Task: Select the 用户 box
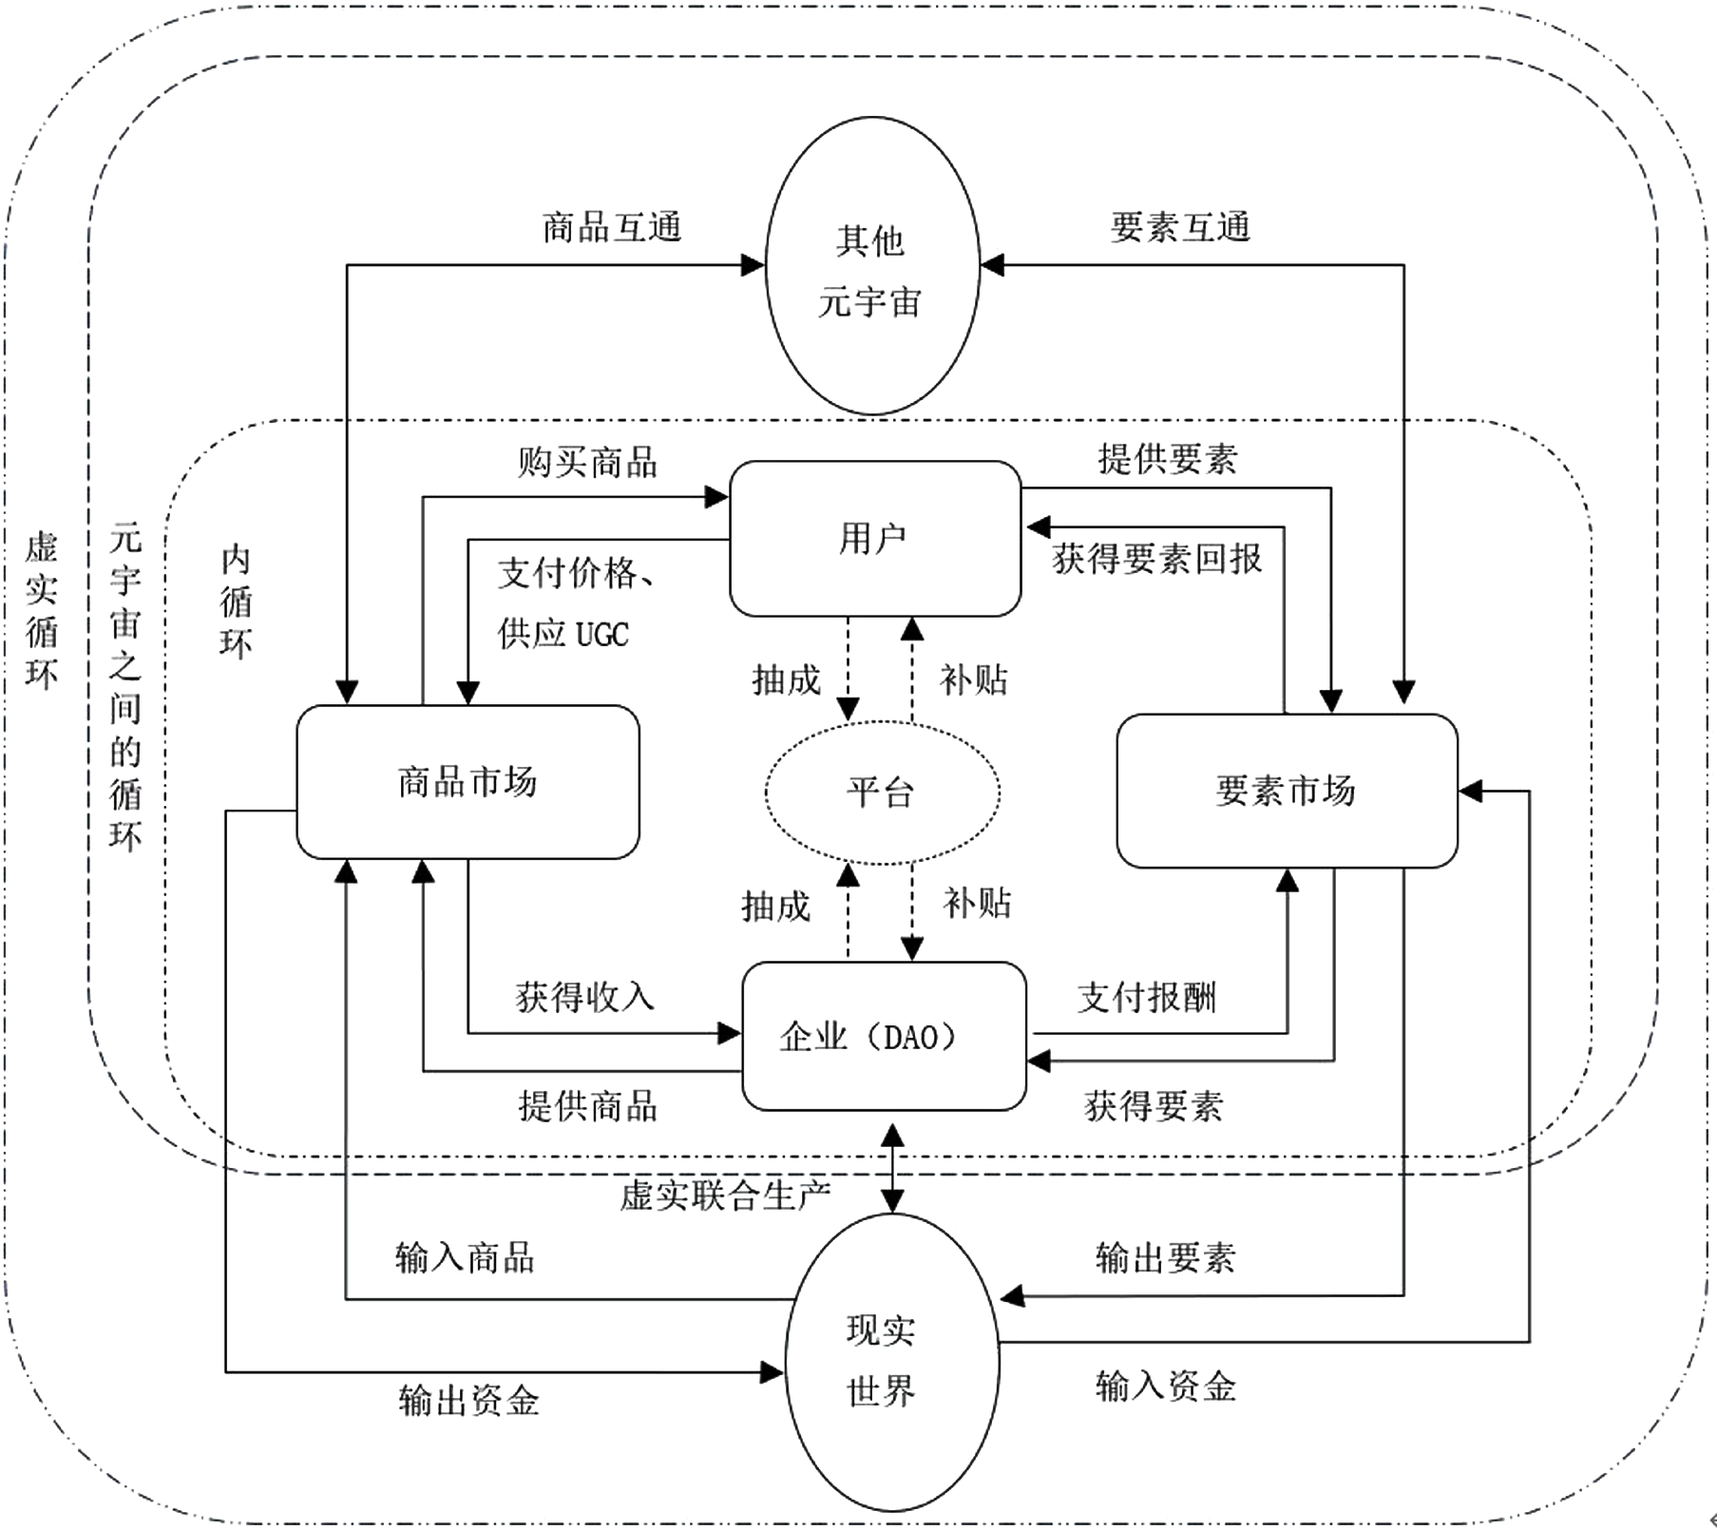pyautogui.click(x=874, y=539)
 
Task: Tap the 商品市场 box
pyautogui.click(x=467, y=782)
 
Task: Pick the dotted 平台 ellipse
pyautogui.click(x=882, y=792)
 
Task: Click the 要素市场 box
pyautogui.click(x=1287, y=791)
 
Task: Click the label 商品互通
pyautogui.click(x=612, y=228)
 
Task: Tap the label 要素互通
pyautogui.click(x=1180, y=228)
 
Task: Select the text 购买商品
pyautogui.click(x=587, y=463)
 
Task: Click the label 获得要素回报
pyautogui.click(x=1157, y=559)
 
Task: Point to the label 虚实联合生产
pyautogui.click(x=725, y=1195)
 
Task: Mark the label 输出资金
pyautogui.click(x=469, y=1401)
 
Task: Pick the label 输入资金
pyautogui.click(x=1166, y=1387)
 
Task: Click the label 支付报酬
pyautogui.click(x=1147, y=998)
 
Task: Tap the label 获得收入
pyautogui.click(x=585, y=997)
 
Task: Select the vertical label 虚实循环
pyautogui.click(x=41, y=609)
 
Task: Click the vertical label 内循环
pyautogui.click(x=236, y=602)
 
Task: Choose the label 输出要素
pyautogui.click(x=1165, y=1258)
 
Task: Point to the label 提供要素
pyautogui.click(x=1168, y=459)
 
